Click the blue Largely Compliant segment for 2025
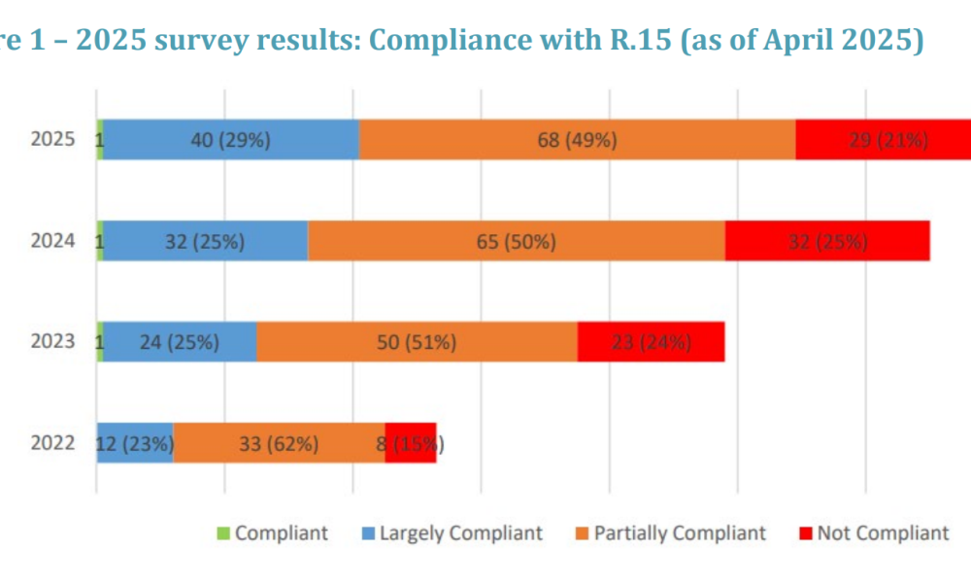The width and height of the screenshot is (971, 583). (x=231, y=140)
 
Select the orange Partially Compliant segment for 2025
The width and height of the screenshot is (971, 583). (x=577, y=140)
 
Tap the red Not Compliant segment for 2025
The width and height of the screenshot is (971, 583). (x=883, y=140)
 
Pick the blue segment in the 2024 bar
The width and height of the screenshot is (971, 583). (x=206, y=241)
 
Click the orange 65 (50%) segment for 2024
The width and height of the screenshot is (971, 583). (x=516, y=241)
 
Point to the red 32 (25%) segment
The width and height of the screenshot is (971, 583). (x=827, y=241)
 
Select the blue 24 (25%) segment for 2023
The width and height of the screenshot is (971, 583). (x=180, y=342)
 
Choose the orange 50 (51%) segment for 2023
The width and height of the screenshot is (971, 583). (x=417, y=342)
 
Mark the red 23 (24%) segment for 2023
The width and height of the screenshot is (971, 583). (x=651, y=342)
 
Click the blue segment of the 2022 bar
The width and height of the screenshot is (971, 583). (x=135, y=443)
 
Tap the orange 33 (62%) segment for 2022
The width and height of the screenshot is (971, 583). (x=279, y=443)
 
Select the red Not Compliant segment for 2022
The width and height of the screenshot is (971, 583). (x=411, y=443)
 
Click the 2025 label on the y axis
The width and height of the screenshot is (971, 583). (x=52, y=140)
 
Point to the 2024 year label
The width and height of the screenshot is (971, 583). (x=52, y=241)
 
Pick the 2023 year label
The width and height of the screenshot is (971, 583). (x=52, y=342)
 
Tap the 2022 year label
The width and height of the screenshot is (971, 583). (x=52, y=443)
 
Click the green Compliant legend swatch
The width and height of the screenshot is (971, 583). (x=222, y=532)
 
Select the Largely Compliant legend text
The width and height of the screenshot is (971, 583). (x=460, y=532)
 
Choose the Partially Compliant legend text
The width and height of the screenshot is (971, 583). (x=680, y=532)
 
